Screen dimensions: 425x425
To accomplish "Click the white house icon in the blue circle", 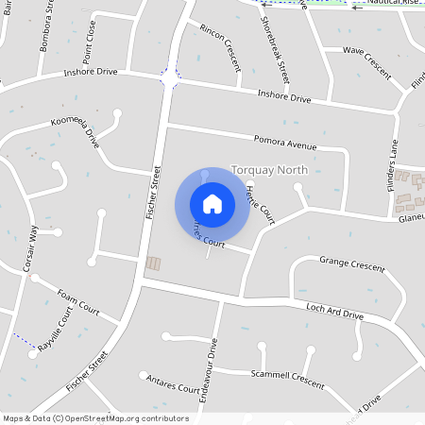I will [212, 204].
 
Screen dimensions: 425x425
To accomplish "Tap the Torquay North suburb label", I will [269, 170].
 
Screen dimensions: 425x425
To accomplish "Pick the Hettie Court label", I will [258, 197].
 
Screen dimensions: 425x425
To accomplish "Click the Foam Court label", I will [77, 300].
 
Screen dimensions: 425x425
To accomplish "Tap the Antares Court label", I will [174, 385].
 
